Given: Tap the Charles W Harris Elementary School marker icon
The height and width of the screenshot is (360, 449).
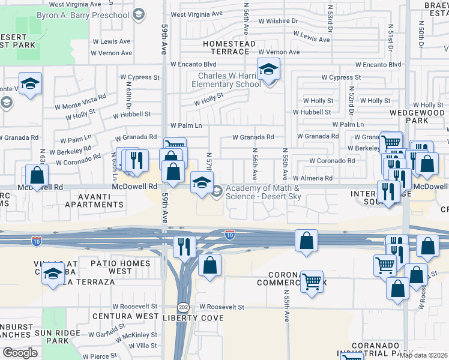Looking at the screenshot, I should pyautogui.click(x=268, y=70).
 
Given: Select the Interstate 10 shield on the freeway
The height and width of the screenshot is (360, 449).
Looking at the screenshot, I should pyautogui.click(x=230, y=234).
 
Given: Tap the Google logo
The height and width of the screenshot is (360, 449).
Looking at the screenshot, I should pyautogui.click(x=20, y=352).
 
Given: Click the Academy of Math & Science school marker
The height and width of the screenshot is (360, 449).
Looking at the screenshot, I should pyautogui.click(x=202, y=182).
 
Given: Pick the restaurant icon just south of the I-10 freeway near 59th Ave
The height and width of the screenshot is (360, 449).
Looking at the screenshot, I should pyautogui.click(x=184, y=247).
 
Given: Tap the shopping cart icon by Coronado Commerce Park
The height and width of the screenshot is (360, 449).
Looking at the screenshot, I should pyautogui.click(x=312, y=281).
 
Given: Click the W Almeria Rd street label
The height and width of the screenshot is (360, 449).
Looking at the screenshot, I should pyautogui.click(x=312, y=178).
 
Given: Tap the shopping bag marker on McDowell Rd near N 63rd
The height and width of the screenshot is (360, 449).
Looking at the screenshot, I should pyautogui.click(x=37, y=175).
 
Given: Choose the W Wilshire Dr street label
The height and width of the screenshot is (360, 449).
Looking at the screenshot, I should pyautogui.click(x=277, y=20).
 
